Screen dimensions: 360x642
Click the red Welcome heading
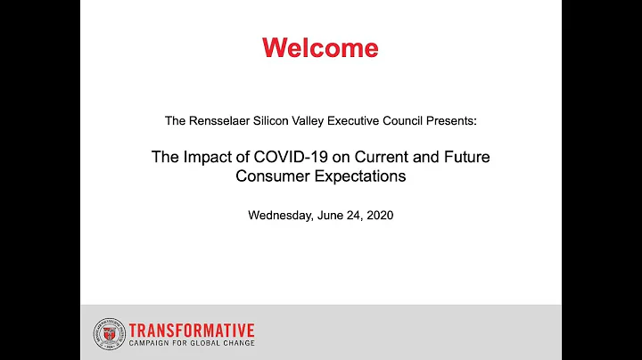click(320, 47)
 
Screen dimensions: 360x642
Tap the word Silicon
click(270, 119)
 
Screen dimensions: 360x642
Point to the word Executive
click(357, 119)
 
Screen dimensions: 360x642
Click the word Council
click(407, 119)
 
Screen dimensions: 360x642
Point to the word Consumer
click(268, 176)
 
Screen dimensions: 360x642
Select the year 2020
click(378, 215)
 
